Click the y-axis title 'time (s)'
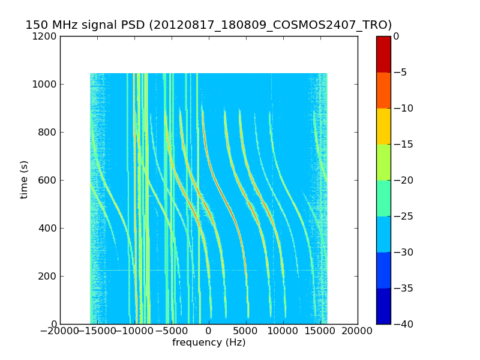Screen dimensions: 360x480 [24, 179]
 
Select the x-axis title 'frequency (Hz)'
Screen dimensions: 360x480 [209, 343]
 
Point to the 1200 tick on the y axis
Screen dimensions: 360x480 [46, 36]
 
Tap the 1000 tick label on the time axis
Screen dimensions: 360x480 [46, 84]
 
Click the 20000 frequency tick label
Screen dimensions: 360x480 [358, 331]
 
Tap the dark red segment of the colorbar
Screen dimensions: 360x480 [383, 54]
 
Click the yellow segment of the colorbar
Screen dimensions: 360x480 [383, 126]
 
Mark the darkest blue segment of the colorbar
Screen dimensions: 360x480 [383, 306]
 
